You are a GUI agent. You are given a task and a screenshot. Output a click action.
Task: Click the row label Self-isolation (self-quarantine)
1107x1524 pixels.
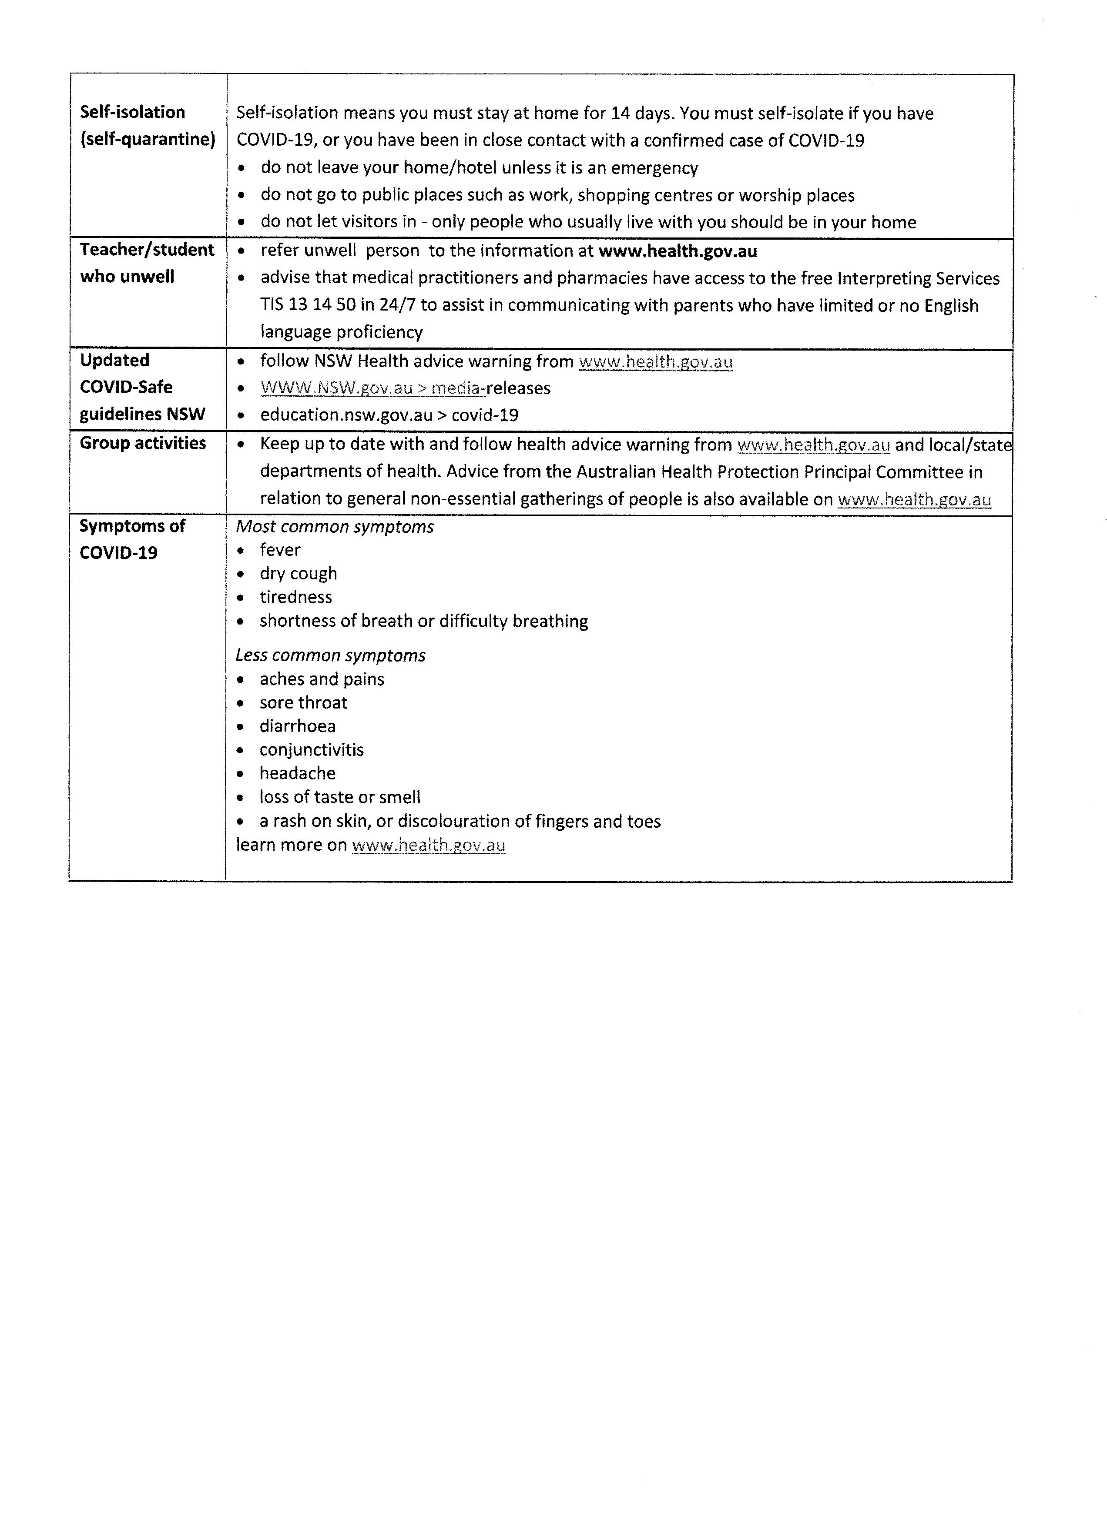pos(147,126)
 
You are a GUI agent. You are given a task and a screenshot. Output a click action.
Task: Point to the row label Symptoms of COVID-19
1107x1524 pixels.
pos(132,539)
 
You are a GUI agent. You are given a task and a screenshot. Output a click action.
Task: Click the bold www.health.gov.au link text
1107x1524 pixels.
pos(678,251)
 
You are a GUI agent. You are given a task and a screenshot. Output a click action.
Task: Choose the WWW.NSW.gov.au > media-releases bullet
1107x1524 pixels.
pos(405,388)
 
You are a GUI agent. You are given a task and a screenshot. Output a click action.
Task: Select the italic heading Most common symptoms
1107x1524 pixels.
pos(335,527)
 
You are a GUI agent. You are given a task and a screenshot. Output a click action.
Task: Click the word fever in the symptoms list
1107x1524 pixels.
pos(280,550)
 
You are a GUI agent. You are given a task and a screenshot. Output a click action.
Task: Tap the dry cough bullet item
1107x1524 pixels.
pos(299,574)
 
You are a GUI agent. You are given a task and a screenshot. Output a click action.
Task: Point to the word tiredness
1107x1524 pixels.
pos(296,597)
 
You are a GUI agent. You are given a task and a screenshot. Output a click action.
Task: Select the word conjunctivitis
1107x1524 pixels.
pos(311,750)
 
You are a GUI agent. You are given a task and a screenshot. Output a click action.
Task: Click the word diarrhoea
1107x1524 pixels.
pos(298,726)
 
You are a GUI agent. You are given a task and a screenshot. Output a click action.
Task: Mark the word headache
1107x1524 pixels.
pos(297,773)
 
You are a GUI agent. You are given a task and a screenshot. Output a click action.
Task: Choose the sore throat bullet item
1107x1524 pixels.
pos(303,703)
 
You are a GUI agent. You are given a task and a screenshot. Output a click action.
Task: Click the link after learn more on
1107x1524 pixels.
pos(428,846)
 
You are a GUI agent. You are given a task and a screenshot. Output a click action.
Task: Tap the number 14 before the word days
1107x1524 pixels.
pos(621,113)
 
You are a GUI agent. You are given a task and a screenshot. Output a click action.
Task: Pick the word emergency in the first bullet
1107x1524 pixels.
pos(654,168)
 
